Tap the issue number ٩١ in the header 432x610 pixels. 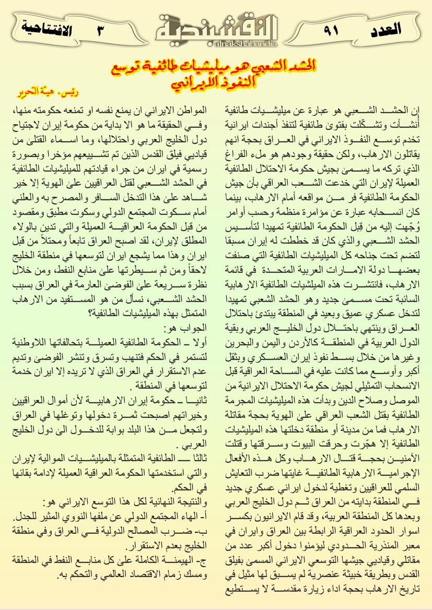point(330,29)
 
